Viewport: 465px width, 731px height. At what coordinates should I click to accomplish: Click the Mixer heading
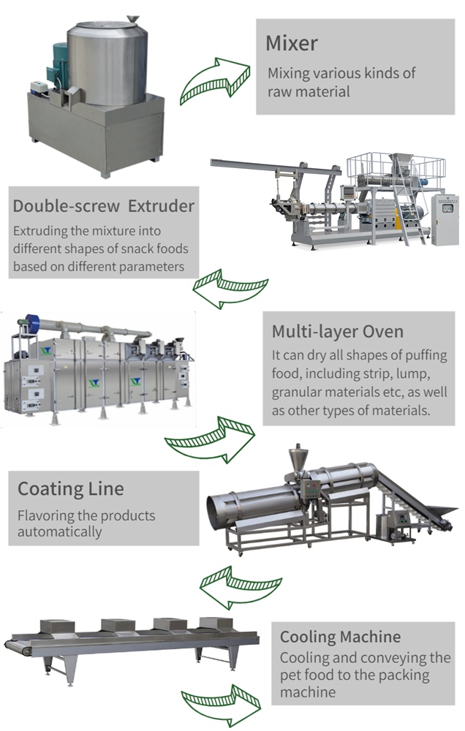292,43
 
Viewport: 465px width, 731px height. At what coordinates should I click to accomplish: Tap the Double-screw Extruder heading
104,206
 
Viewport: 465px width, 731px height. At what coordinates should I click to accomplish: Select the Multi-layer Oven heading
338,331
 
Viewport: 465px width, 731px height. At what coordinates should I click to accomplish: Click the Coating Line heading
71,489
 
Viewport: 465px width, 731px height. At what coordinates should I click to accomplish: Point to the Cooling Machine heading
341,637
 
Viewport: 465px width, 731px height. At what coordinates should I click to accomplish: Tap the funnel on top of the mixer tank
133,19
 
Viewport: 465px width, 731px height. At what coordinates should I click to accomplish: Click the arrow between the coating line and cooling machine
241,588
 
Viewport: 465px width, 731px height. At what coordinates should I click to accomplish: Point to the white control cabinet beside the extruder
445,219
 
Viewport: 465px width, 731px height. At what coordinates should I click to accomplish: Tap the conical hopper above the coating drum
298,460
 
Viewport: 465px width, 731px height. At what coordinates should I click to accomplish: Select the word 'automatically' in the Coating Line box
59,532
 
